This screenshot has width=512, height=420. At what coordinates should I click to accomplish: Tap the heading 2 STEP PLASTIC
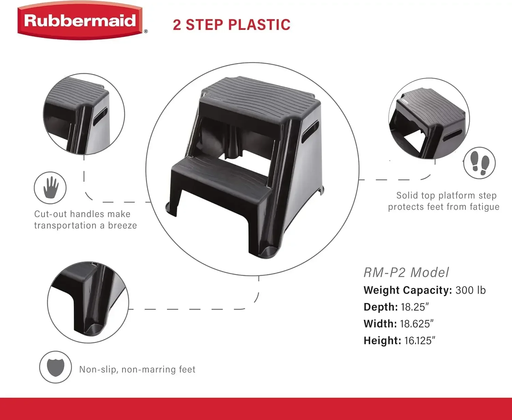(x=231, y=25)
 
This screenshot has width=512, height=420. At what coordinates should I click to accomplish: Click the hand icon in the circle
(x=51, y=187)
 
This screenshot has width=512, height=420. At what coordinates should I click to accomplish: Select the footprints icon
(x=479, y=163)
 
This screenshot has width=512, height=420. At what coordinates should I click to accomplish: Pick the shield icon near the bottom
(x=55, y=367)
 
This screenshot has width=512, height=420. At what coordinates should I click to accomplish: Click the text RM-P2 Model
(x=406, y=272)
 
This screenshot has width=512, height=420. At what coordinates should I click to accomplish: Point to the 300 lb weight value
(x=470, y=290)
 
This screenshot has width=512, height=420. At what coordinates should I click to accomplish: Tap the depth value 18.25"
(x=414, y=307)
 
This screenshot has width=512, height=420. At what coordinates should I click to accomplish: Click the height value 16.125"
(x=420, y=340)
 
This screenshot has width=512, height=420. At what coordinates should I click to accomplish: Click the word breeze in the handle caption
(x=123, y=226)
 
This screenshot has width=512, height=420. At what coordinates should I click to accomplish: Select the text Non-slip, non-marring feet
(x=137, y=369)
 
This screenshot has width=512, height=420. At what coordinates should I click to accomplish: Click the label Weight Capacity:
(x=408, y=290)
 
